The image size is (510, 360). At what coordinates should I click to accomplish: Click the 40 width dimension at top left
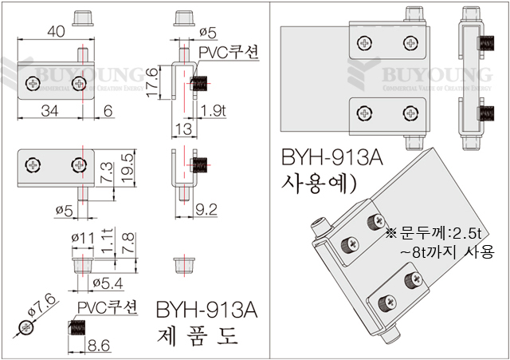[x=55, y=32]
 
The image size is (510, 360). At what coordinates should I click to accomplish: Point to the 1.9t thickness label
[x=214, y=110]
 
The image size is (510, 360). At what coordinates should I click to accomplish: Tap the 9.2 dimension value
[x=206, y=212]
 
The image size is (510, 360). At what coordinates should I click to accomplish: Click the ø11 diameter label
[x=84, y=237]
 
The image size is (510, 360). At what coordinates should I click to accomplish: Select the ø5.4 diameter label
[x=106, y=283]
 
